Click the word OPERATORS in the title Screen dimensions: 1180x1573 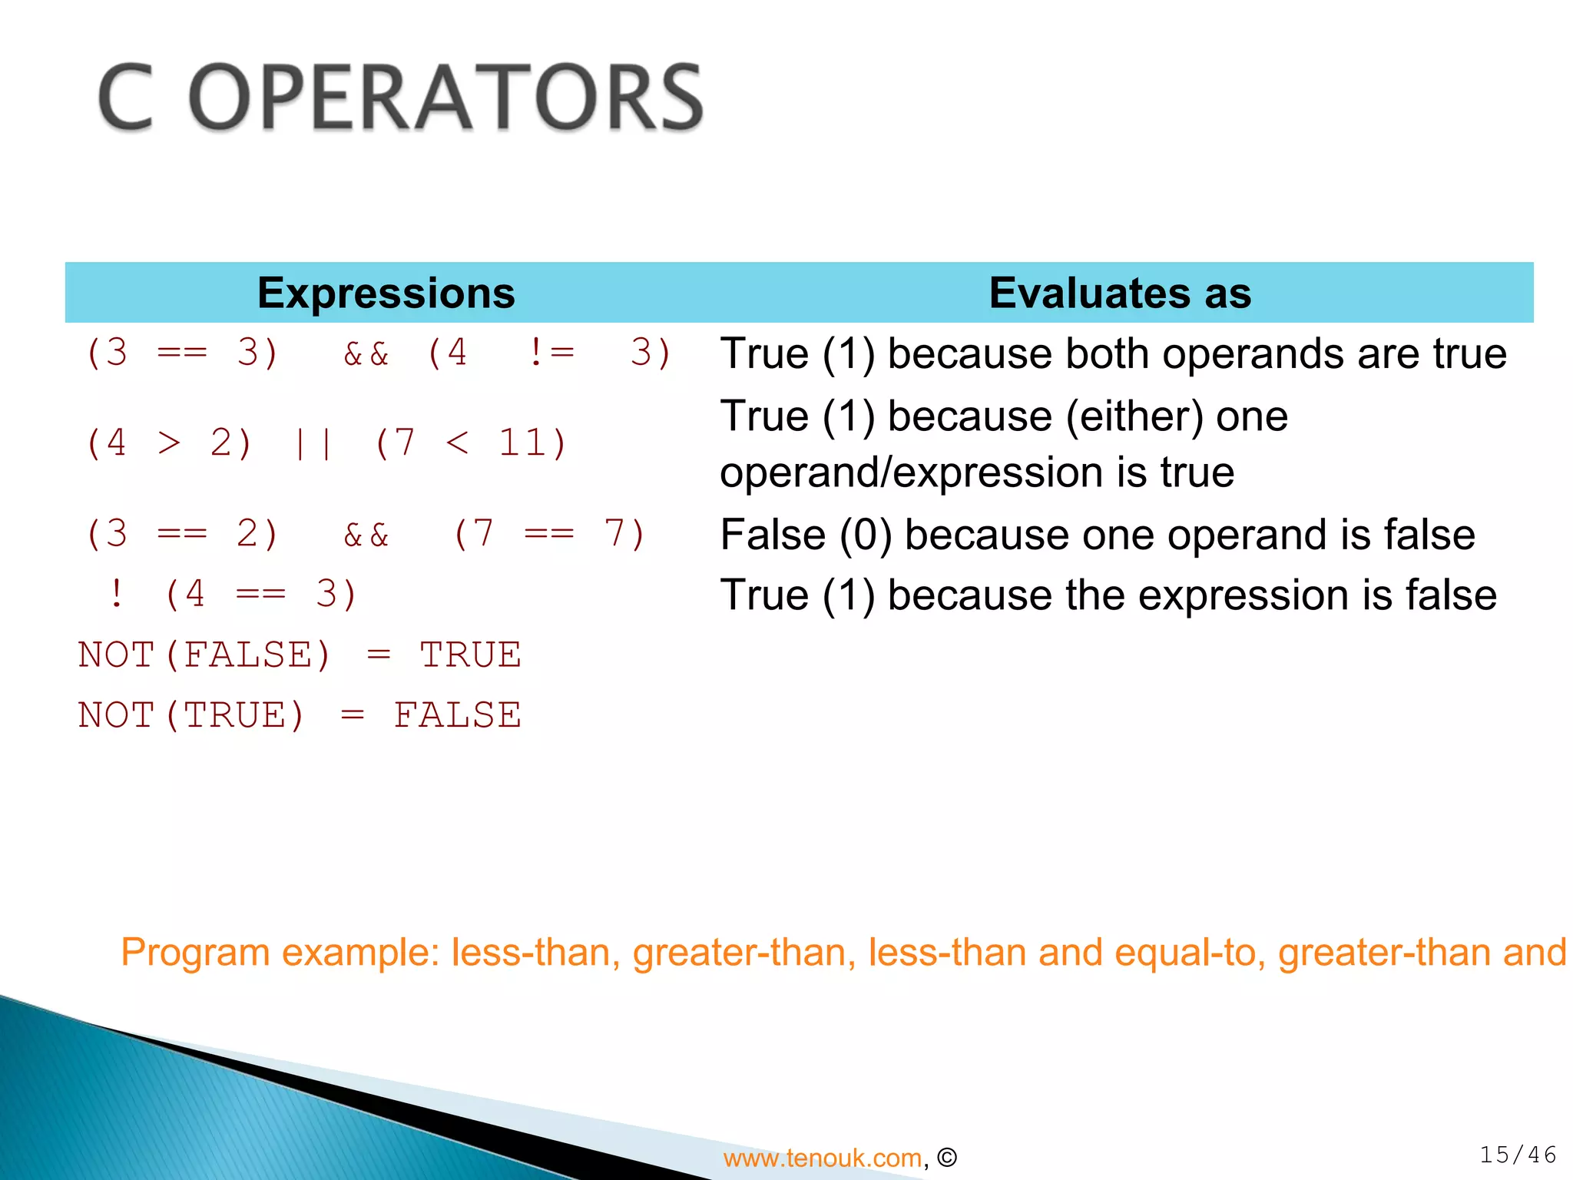445,98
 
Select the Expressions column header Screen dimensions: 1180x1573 386,293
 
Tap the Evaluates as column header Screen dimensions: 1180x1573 1119,293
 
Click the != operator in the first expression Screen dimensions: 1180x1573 551,353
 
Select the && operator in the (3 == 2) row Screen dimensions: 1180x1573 366,535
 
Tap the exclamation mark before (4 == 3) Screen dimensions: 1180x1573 116,594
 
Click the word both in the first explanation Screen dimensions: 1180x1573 1096,354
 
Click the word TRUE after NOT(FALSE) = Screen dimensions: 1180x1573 470,655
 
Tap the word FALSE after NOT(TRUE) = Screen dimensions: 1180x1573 458,715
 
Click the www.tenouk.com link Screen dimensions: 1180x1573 822,1158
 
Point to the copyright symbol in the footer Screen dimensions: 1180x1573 947,1158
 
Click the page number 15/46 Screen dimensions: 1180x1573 1518,1155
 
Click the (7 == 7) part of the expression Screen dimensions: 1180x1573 549,535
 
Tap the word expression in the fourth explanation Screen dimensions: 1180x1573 1244,595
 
